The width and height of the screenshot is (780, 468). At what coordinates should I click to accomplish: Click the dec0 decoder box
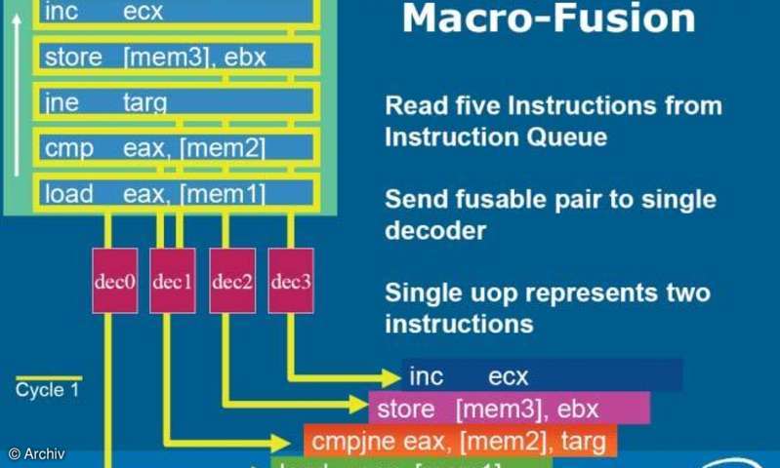tap(115, 281)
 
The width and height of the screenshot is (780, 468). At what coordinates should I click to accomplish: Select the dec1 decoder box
tap(173, 281)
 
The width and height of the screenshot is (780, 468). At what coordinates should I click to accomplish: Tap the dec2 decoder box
tap(232, 281)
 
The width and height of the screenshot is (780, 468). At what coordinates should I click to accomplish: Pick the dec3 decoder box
tap(291, 281)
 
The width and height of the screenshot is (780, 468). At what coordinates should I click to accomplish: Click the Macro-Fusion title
tap(550, 19)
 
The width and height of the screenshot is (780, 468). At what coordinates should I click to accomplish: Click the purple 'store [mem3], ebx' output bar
tap(509, 409)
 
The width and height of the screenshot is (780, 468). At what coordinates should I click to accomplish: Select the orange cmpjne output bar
tap(460, 441)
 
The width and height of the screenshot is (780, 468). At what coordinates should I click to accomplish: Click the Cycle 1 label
tap(47, 391)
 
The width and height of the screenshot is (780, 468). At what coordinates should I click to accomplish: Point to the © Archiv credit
tap(36, 454)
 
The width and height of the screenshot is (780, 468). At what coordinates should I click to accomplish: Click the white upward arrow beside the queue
tap(17, 97)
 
